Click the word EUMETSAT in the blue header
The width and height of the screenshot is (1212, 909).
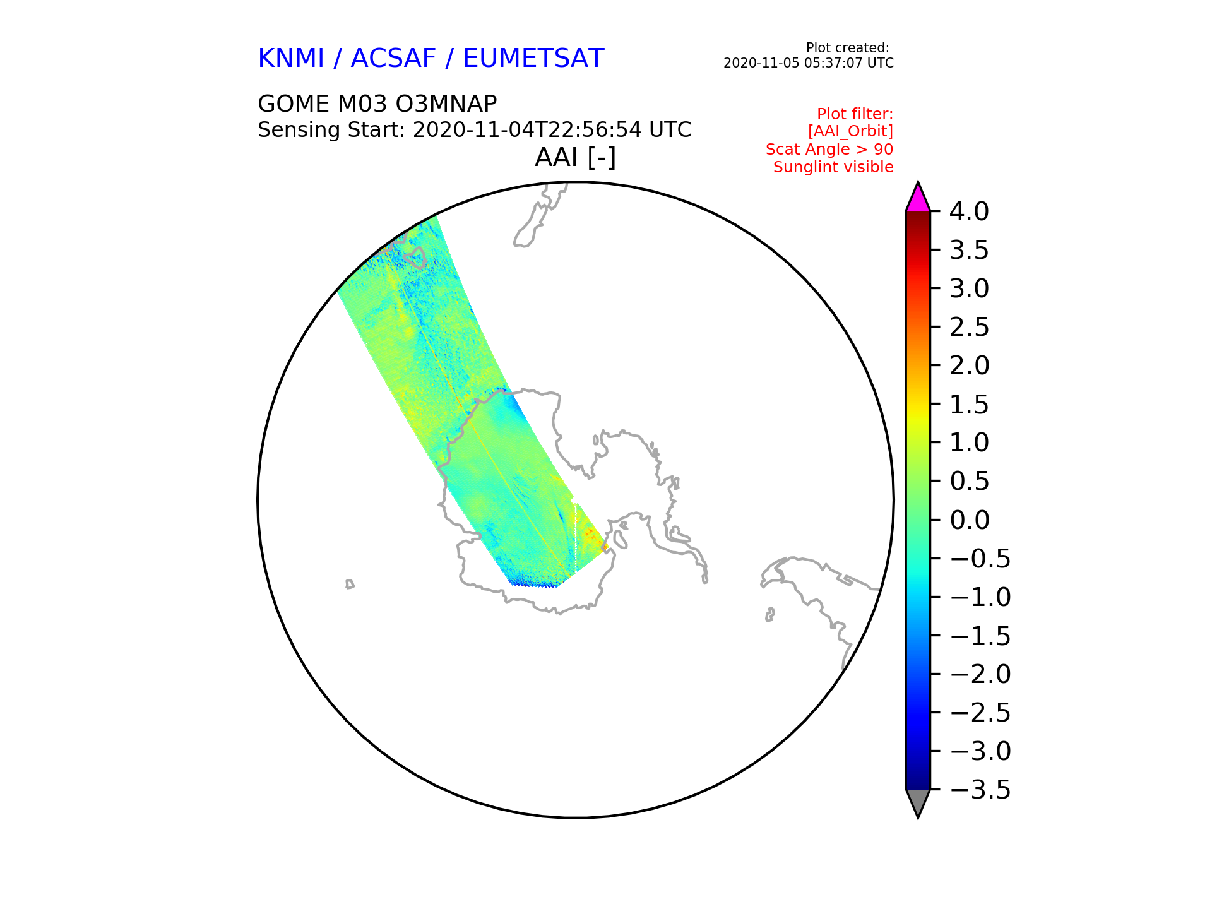point(533,59)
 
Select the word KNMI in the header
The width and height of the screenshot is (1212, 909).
point(291,59)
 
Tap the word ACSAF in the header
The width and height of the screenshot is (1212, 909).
point(393,59)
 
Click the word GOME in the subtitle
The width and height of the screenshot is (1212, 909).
point(294,104)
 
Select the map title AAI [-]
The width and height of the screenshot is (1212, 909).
point(575,157)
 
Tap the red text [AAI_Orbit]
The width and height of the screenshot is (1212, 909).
point(850,131)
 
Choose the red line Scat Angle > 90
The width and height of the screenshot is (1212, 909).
point(829,150)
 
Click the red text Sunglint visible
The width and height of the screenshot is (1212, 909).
point(833,167)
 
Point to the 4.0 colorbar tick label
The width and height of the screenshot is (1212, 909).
point(969,212)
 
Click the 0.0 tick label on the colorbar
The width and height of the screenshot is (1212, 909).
point(969,521)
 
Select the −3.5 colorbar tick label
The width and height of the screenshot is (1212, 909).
point(980,790)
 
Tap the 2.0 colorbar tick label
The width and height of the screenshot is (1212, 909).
point(969,366)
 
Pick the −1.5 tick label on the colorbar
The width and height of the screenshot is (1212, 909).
point(980,636)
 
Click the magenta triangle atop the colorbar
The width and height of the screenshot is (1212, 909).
point(918,198)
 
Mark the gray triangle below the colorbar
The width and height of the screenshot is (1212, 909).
point(918,802)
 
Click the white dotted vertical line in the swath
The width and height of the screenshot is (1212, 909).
point(576,537)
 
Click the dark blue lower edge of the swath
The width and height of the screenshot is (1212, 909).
point(534,584)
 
